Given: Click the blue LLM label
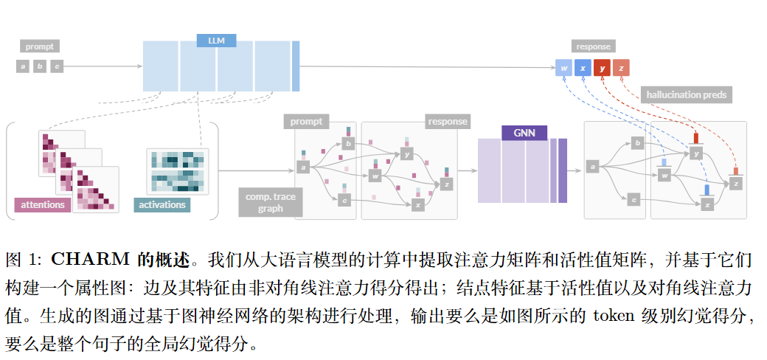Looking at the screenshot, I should click(217, 41).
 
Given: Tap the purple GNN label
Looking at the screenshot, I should click(524, 133).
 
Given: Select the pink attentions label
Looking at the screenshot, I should click(43, 204).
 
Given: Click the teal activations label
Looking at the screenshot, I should click(162, 204).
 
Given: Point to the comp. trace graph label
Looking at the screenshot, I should click(271, 202).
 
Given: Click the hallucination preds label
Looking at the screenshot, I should click(686, 94).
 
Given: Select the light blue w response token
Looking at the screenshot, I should click(564, 68).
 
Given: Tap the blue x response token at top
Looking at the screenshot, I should click(583, 68).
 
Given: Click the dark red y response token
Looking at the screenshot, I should click(603, 68).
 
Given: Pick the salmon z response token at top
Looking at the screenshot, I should click(622, 68).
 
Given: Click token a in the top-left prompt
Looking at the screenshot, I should click(23, 66).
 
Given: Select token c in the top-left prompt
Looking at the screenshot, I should click(57, 66).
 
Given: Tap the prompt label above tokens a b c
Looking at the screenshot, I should click(40, 46).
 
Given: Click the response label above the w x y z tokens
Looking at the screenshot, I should click(592, 46).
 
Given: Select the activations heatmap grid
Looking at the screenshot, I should click(177, 171).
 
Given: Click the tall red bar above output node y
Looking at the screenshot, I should click(696, 138).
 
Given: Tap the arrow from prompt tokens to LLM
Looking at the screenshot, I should click(103, 66).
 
